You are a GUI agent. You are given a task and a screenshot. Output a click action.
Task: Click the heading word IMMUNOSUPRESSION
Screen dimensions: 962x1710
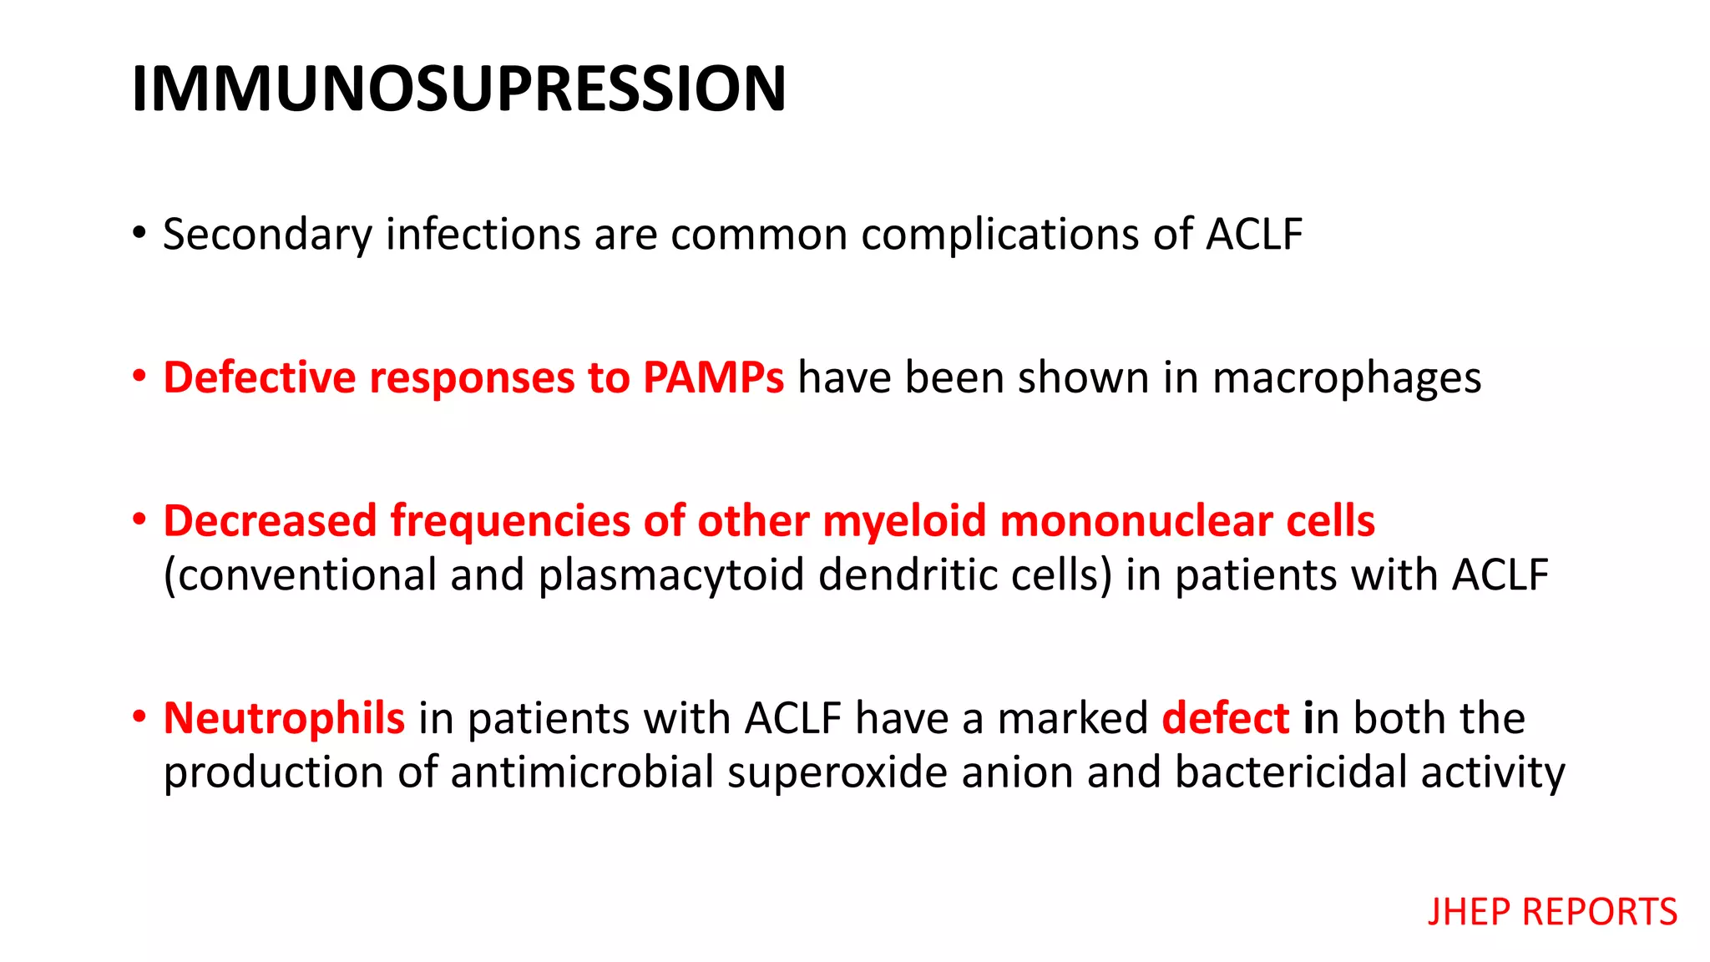click(x=458, y=89)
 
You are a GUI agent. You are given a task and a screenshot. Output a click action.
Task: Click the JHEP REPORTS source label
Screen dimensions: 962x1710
click(x=1551, y=911)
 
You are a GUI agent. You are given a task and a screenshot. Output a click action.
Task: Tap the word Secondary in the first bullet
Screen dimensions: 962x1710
click(x=266, y=235)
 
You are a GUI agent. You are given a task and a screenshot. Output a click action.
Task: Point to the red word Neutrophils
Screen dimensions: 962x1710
click(x=284, y=718)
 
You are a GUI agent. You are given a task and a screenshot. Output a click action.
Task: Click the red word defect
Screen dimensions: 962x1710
click(x=1225, y=718)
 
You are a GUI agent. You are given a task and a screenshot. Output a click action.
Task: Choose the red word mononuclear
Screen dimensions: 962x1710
click(x=1136, y=521)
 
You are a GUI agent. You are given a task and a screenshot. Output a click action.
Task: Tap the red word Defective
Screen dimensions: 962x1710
click(x=259, y=377)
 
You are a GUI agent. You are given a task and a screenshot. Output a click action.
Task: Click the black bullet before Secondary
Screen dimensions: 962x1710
click(x=139, y=232)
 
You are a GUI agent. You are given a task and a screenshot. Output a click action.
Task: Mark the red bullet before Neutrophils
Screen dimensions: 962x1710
click(x=139, y=716)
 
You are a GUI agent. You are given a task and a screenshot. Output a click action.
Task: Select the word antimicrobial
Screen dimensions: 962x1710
click(x=582, y=772)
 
